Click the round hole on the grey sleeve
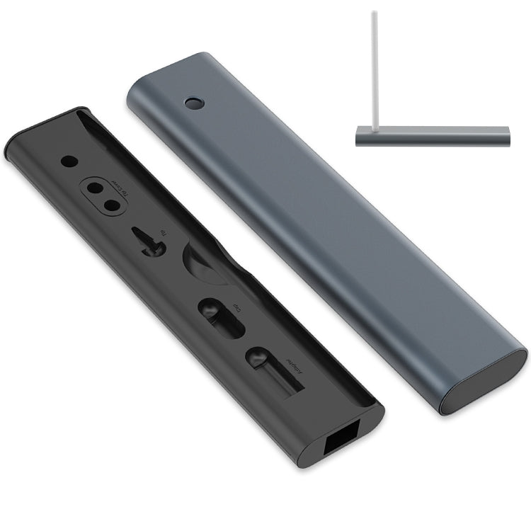point(193,103)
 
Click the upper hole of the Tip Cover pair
point(93,189)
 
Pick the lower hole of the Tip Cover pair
point(110,206)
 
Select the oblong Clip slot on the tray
point(220,318)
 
